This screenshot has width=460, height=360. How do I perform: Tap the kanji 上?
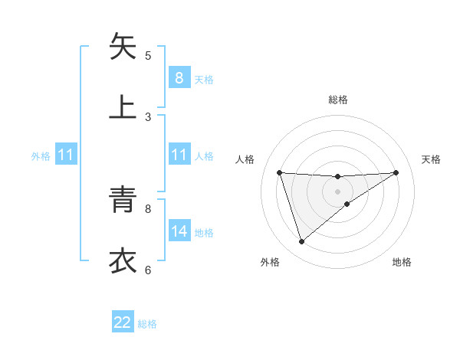pos(123,106)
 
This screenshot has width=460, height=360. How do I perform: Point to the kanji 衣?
pos(123,260)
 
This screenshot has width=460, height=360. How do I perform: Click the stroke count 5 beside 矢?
pos(148,55)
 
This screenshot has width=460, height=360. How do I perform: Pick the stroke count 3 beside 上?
pos(148,116)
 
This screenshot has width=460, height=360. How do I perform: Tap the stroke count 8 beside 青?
pos(148,208)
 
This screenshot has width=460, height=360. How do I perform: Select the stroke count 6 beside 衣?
pos(148,270)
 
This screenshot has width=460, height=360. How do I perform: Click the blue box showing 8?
pos(179,77)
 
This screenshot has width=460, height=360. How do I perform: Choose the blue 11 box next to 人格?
pos(179,155)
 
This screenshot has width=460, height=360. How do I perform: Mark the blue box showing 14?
pos(179,231)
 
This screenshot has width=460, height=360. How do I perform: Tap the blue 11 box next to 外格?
pos(66,155)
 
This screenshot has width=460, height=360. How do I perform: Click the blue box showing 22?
pos(123,322)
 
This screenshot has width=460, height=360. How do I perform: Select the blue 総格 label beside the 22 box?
pos(147,324)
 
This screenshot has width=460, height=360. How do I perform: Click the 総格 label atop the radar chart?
pos(338,100)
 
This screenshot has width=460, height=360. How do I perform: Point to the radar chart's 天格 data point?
pos(396,172)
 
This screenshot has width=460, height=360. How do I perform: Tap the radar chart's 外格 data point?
pos(301,242)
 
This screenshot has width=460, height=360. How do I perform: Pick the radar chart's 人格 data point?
pos(280,172)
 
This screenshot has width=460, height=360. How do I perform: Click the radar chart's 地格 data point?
pos(347,203)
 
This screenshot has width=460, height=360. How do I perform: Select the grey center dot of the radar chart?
pos(338,191)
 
